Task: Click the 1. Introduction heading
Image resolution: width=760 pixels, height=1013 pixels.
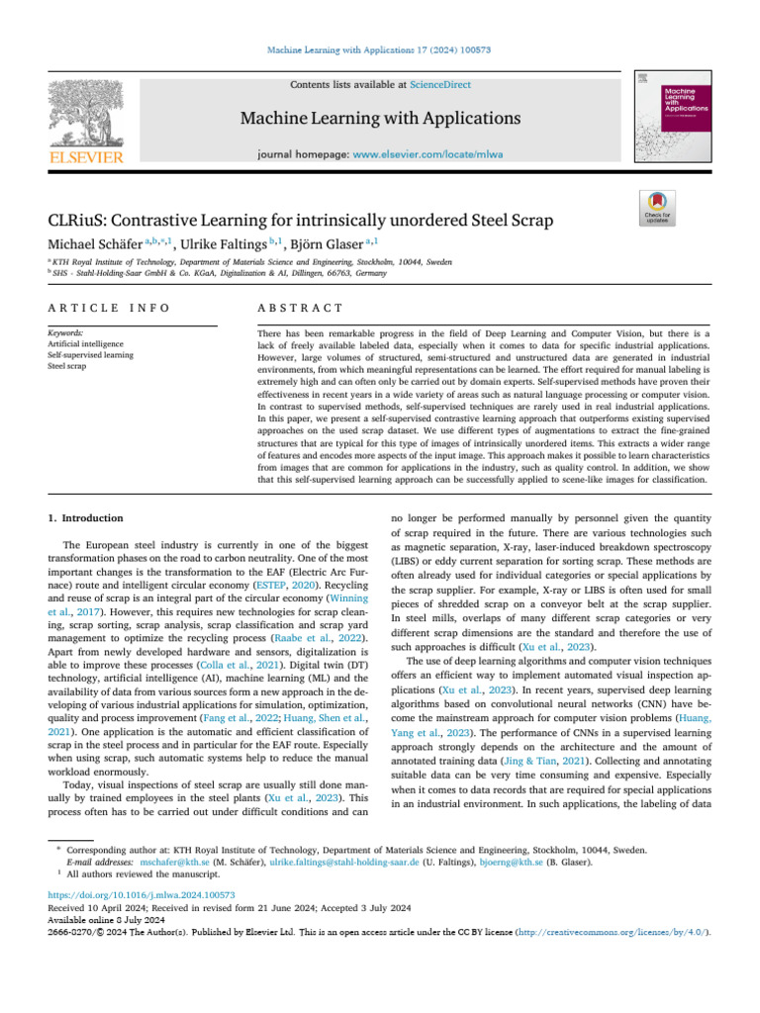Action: (x=86, y=517)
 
